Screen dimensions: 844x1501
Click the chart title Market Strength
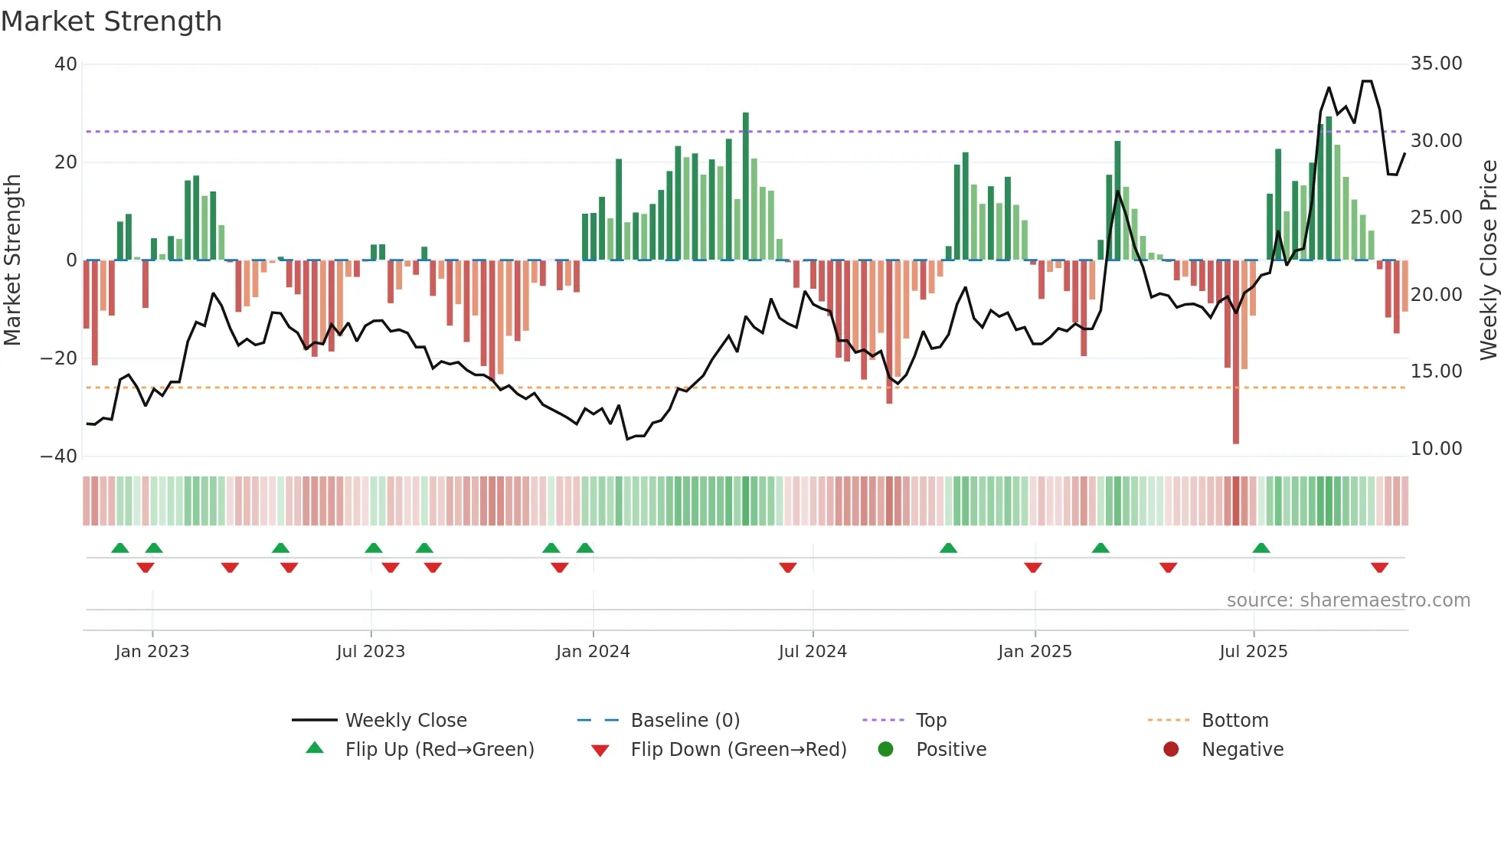111,21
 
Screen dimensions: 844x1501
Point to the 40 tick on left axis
66,64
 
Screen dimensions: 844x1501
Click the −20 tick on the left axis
59,358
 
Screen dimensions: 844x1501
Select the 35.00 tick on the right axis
1436,64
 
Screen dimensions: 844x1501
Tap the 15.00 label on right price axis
1436,371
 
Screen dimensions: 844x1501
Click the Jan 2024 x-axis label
593,652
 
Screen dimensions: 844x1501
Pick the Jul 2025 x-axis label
1253,652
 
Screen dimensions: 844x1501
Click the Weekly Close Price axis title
1488,260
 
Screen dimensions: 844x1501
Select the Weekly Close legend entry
405,721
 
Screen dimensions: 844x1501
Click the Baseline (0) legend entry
685,721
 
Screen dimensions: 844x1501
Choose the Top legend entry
930,721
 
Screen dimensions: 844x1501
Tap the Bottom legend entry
1234,721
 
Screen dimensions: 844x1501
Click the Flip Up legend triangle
315,748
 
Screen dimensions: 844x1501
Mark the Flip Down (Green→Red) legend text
738,750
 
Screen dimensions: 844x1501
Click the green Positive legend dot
885,750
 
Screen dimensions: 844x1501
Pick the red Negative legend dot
1171,750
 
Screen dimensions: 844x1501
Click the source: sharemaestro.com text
1348,600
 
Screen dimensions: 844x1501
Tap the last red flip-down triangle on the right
1379,568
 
